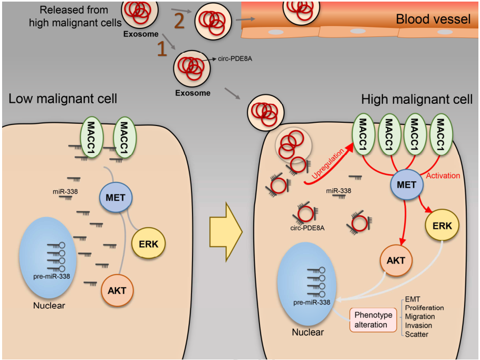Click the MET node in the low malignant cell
pyautogui.click(x=116, y=198)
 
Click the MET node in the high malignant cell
pyautogui.click(x=407, y=185)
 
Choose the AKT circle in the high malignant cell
pyautogui.click(x=396, y=260)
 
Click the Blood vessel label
pyautogui.click(x=433, y=20)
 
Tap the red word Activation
pyautogui.click(x=443, y=176)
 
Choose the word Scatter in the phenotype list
pyautogui.click(x=416, y=334)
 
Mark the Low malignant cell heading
pyautogui.click(x=63, y=99)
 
